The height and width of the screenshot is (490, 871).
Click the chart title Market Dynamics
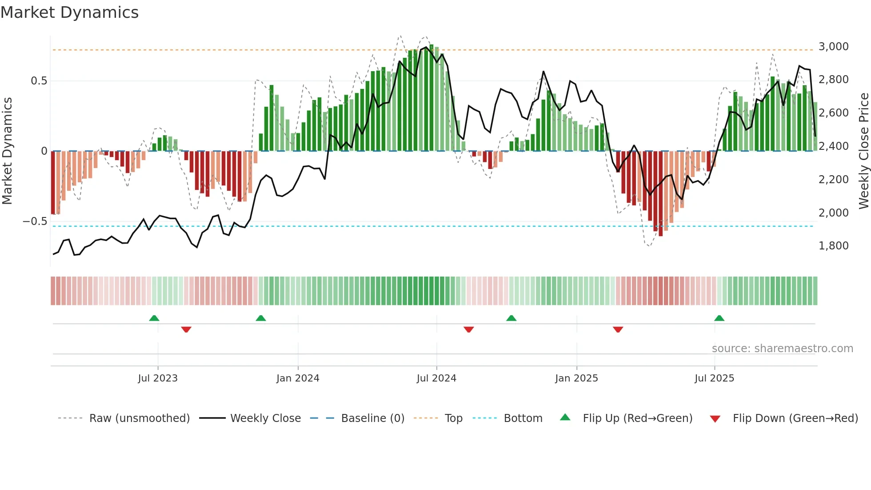pyautogui.click(x=69, y=12)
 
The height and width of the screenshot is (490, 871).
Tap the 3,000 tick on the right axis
pyautogui.click(x=833, y=47)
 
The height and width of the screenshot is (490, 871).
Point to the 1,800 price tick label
pyautogui.click(x=833, y=246)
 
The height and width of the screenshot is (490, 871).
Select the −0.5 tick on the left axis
pyautogui.click(x=35, y=221)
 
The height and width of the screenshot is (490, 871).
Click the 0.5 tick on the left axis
pyautogui.click(x=39, y=81)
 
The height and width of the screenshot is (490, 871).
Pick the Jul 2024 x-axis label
pyautogui.click(x=436, y=378)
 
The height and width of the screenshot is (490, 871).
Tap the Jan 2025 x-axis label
pyautogui.click(x=576, y=378)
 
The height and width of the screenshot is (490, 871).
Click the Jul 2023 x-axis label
pyautogui.click(x=157, y=378)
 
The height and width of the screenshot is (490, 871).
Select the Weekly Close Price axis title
pyautogui.click(x=863, y=151)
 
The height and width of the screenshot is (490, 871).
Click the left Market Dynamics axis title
pyautogui.click(x=7, y=151)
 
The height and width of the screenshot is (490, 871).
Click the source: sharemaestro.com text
pyautogui.click(x=782, y=349)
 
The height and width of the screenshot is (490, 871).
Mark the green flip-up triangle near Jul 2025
pyautogui.click(x=719, y=318)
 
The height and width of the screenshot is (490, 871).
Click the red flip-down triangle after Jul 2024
pyautogui.click(x=468, y=329)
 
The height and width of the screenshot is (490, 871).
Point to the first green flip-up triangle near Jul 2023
pyautogui.click(x=154, y=318)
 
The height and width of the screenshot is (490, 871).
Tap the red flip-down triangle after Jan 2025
pyautogui.click(x=618, y=329)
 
